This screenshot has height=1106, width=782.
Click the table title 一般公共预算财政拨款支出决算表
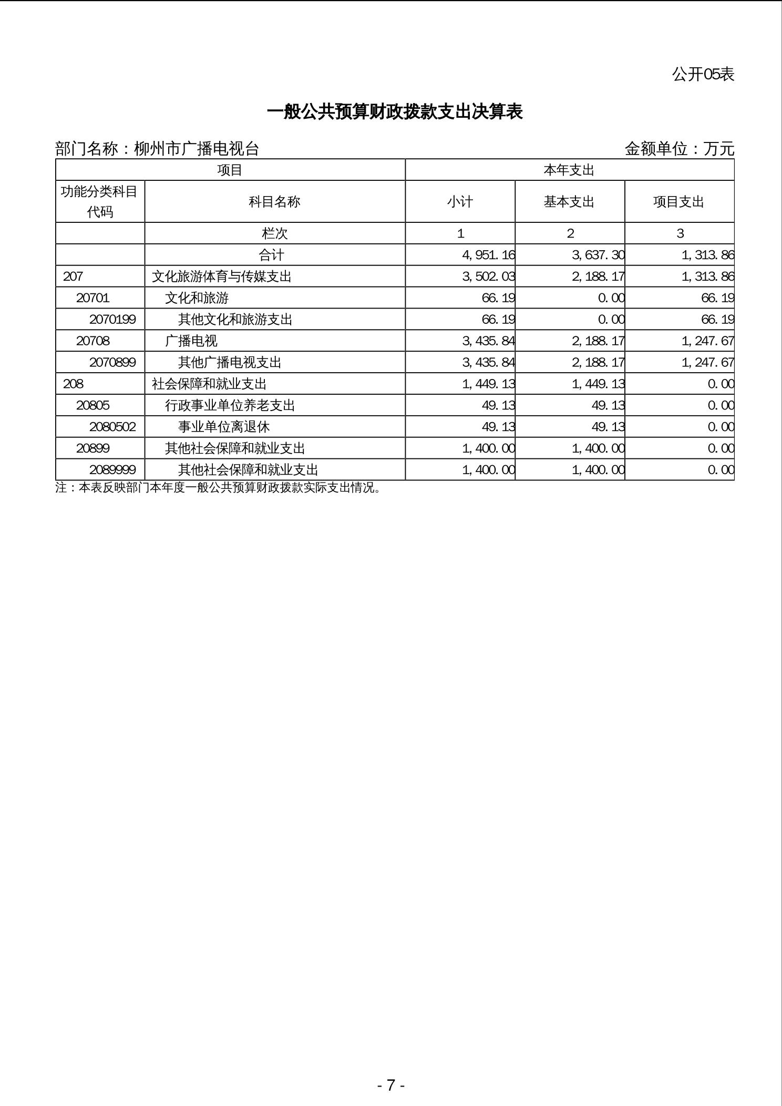click(x=394, y=112)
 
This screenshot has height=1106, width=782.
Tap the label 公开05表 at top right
click(x=703, y=74)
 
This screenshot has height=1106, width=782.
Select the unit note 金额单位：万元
click(x=679, y=149)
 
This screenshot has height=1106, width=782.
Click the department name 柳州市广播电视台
click(x=197, y=149)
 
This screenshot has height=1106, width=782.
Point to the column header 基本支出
click(x=569, y=202)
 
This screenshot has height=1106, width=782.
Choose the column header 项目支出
click(x=678, y=202)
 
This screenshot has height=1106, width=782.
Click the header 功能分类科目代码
click(x=100, y=202)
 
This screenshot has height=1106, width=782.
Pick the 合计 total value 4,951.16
click(x=488, y=255)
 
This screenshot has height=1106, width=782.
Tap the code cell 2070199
click(x=112, y=320)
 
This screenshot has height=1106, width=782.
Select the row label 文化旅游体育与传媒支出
click(x=221, y=276)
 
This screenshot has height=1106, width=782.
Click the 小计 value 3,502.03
click(x=488, y=276)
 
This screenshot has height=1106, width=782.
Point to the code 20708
click(x=92, y=341)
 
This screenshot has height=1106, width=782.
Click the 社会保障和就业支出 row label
click(x=209, y=384)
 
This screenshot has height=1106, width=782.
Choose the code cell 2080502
click(x=112, y=427)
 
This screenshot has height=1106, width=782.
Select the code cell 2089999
click(x=112, y=470)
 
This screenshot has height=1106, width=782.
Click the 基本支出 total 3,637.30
click(x=598, y=255)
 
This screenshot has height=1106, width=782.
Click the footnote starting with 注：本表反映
click(x=218, y=488)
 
